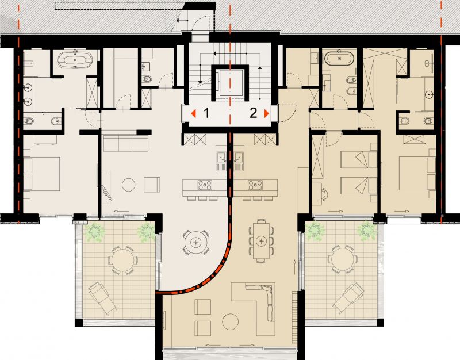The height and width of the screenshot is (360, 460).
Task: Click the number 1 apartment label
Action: click(x=206, y=113)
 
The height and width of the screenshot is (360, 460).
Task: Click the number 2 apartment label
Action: click(x=253, y=113)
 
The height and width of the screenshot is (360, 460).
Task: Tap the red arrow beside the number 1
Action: click(x=193, y=113)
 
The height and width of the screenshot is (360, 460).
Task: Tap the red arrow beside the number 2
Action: click(x=266, y=113)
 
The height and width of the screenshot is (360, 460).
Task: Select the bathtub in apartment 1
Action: click(x=75, y=60)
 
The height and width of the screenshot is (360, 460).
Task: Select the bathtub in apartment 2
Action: click(x=339, y=58)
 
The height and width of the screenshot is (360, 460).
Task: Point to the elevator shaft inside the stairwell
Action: click(x=231, y=83)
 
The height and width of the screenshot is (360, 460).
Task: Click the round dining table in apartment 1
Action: click(x=195, y=242)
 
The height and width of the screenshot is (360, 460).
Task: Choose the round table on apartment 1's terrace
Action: click(x=122, y=261)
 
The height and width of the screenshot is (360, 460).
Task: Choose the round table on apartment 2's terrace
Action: click(x=342, y=259)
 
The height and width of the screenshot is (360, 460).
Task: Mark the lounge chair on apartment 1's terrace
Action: click(x=103, y=298)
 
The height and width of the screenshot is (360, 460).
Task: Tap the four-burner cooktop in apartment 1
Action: click(x=205, y=185)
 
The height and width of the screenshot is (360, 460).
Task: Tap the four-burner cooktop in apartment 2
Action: click(x=255, y=185)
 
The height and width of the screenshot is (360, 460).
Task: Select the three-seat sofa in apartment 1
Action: click(x=126, y=143)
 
